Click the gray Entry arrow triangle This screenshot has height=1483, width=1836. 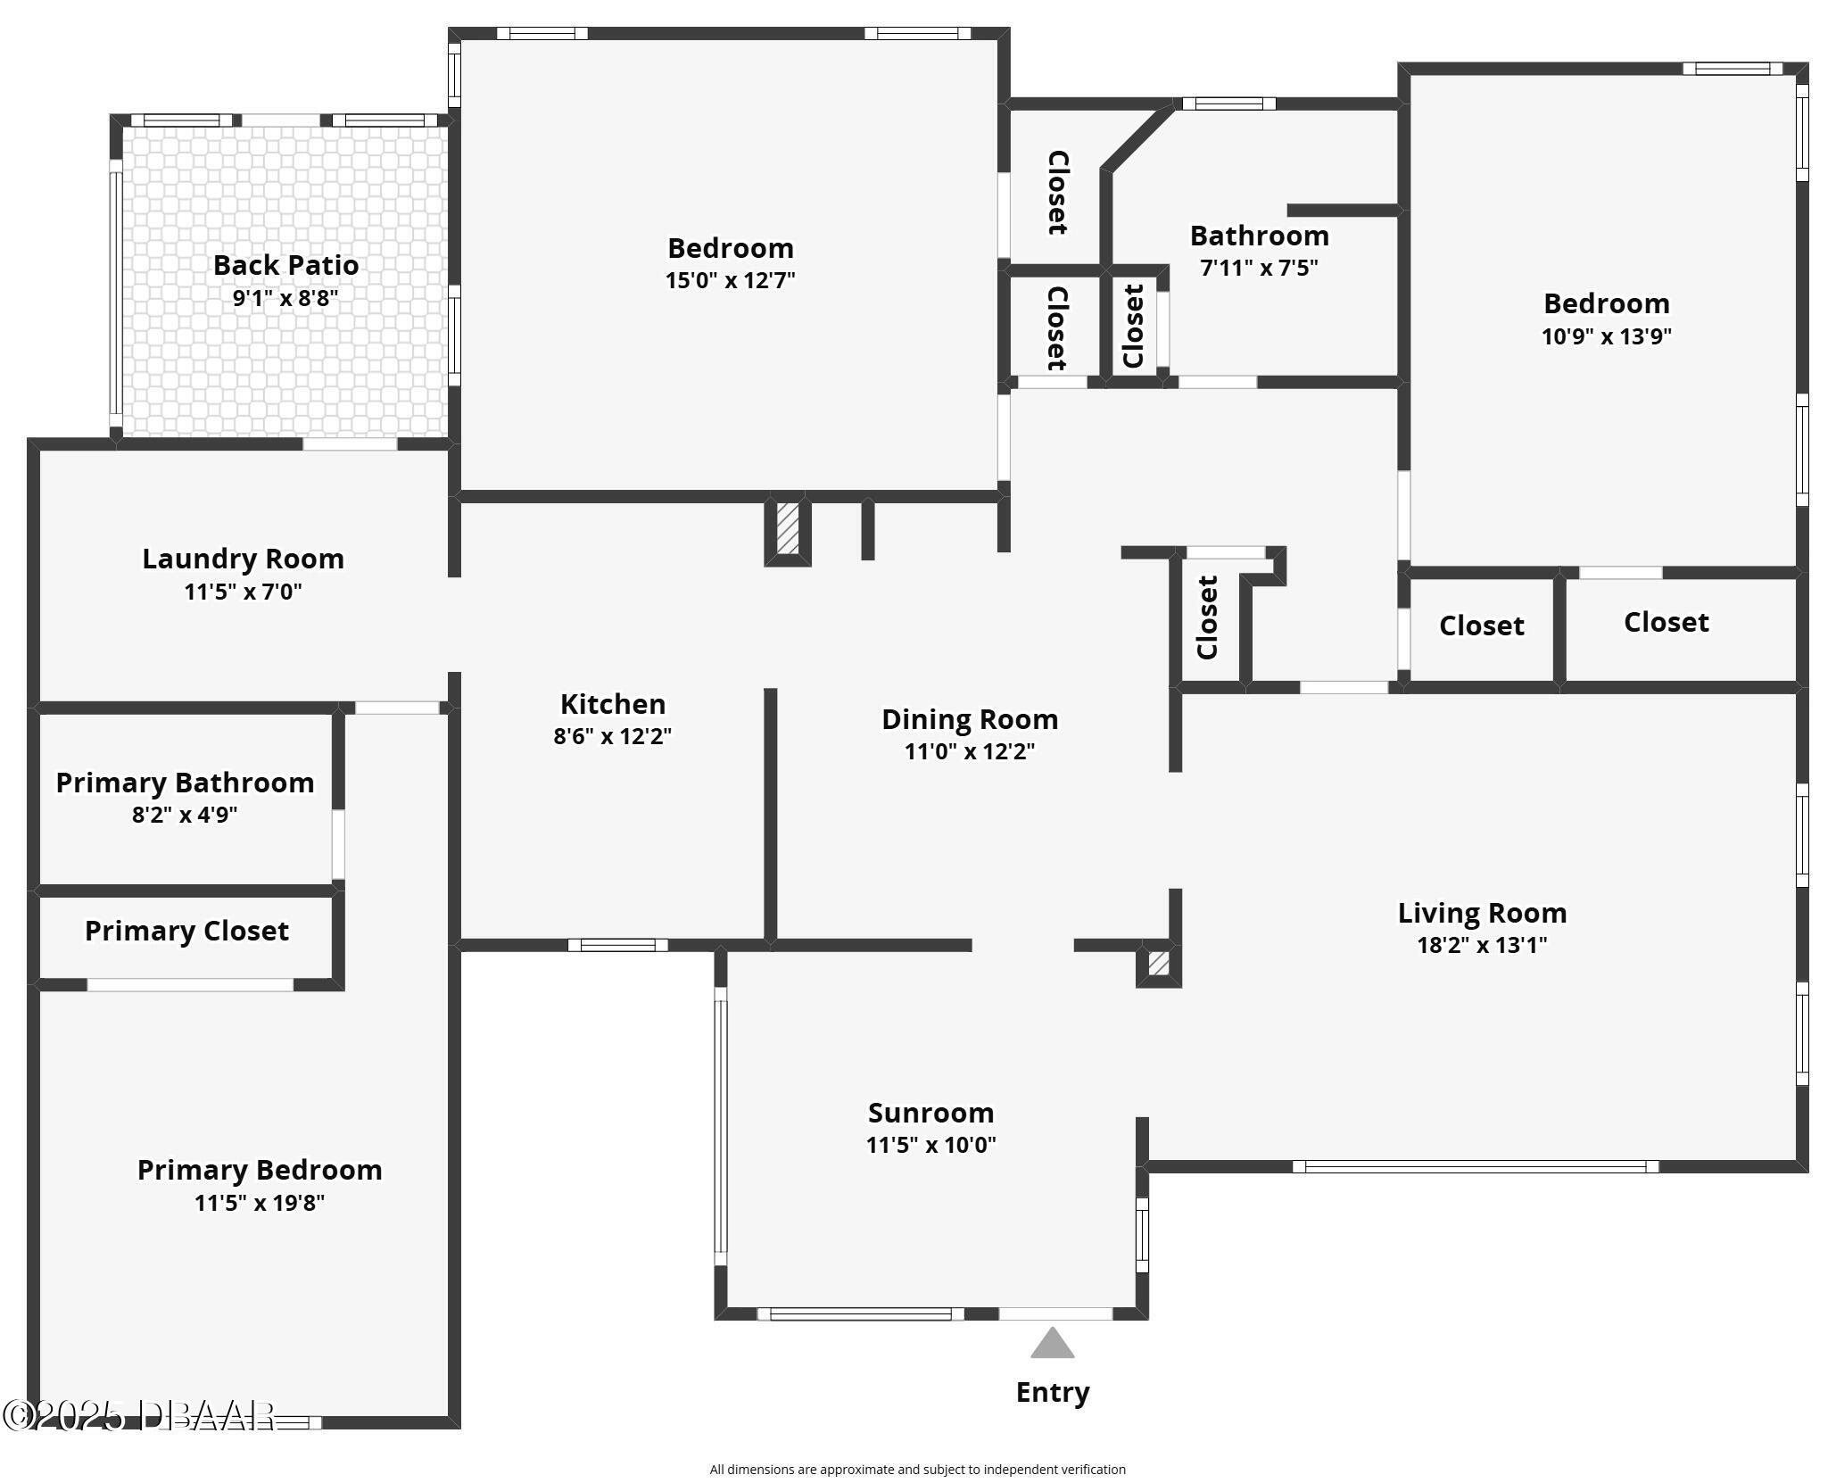pos(1052,1345)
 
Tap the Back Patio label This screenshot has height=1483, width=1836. pos(285,265)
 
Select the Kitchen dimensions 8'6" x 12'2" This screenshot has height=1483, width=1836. pos(612,736)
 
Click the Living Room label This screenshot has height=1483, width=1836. pos(1482,913)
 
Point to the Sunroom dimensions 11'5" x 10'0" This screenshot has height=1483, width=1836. pos(930,1145)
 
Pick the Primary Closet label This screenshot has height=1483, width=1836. pos(186,931)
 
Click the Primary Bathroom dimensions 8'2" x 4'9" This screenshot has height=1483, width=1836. pos(185,815)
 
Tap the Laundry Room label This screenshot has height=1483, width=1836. pos(243,559)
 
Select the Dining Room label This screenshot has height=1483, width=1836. pos(970,719)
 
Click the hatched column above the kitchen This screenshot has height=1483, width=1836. pos(787,529)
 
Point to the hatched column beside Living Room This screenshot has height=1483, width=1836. pos(1158,964)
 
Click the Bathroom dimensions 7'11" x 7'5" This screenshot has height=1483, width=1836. pos(1259,268)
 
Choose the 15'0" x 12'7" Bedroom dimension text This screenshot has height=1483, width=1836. pos(730,280)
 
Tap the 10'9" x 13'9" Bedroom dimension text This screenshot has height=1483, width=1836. pos(1606,336)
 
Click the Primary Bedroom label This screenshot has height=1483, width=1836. pos(260,1170)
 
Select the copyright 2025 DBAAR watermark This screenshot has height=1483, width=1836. pos(138,1416)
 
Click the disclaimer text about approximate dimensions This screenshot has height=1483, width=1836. pos(917,1470)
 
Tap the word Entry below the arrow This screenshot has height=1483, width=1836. pos(1053,1392)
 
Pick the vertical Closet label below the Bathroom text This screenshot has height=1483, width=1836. pos(1134,326)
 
